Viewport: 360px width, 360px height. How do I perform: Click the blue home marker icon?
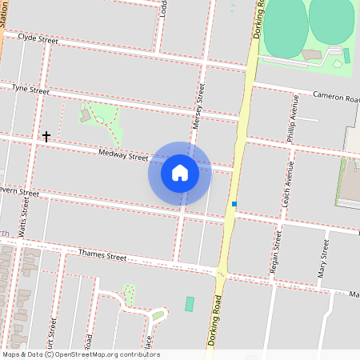coord(180,173)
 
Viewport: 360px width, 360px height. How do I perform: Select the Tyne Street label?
coord(30,90)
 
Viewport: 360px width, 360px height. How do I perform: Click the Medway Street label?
coord(123,154)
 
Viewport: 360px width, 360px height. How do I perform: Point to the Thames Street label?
coord(102,257)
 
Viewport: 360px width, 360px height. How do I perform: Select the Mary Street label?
coord(323,258)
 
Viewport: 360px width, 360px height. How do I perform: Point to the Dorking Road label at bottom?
coord(214,319)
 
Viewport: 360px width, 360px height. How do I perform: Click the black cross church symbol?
coord(46,137)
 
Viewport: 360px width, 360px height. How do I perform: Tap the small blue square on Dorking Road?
coord(234,204)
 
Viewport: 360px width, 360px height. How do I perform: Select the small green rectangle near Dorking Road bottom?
coord(190,304)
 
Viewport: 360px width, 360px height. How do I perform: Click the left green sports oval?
coord(284,28)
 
